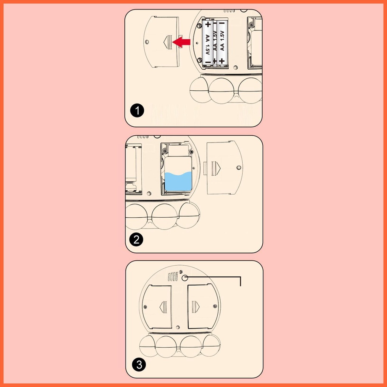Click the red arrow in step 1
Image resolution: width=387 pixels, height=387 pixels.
point(181,42)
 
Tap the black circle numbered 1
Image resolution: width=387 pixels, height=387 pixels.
point(137,111)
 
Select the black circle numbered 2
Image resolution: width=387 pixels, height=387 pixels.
point(136,239)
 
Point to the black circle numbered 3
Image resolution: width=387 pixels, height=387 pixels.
point(139,365)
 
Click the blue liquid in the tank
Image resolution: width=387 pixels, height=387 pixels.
point(178,181)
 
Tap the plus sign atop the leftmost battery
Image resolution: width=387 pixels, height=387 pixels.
point(208,24)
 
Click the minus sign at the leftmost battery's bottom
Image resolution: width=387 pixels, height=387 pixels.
point(208,62)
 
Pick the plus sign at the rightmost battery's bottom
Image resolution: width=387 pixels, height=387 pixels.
point(222,61)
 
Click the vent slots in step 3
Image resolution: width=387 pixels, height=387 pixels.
point(173,277)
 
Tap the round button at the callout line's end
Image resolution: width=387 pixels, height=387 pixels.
point(184,278)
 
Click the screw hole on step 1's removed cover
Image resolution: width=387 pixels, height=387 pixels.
point(147,42)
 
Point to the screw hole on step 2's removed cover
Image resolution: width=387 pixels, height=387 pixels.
point(239,167)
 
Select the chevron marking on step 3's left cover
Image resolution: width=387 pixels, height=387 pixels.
point(163,307)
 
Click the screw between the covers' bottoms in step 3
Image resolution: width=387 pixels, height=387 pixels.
point(178,327)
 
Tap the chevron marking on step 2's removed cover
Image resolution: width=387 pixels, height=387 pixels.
point(216,168)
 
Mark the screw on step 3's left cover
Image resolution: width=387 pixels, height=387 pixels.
point(145,307)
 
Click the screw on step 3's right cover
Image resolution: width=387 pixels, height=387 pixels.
point(215,306)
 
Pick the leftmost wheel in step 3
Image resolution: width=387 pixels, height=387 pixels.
point(147,346)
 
